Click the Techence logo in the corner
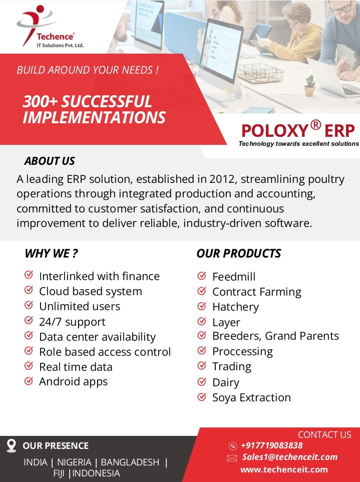50,27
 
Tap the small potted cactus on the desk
310,86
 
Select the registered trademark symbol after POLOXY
315,125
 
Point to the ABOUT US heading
50,161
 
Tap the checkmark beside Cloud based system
29,290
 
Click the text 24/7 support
72,322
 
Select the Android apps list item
74,381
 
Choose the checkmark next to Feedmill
201,276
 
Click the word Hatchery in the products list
236,307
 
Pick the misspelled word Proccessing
243,351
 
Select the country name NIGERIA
74,462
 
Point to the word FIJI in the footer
59,473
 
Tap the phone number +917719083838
272,445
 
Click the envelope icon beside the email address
232,458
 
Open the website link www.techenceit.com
284,469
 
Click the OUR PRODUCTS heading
239,254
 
